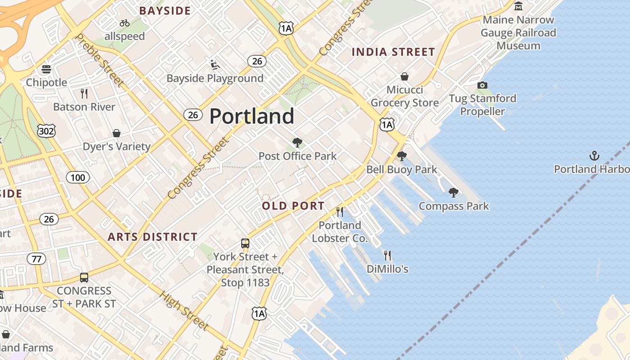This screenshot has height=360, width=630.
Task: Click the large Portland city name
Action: [x=252, y=116]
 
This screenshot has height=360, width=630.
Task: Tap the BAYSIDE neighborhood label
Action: [x=165, y=11]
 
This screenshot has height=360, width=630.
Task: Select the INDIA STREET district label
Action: [x=393, y=52]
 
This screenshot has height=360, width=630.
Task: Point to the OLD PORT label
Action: [x=293, y=206]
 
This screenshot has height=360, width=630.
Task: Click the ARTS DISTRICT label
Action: [x=153, y=237]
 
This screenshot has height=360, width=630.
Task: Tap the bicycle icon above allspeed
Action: [x=125, y=23]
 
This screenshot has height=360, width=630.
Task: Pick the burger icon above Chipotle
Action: [x=46, y=69]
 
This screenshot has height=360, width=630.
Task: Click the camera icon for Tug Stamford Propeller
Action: [x=482, y=85]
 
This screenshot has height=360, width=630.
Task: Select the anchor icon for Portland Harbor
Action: [x=594, y=156]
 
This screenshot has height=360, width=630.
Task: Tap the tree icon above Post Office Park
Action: [x=297, y=143]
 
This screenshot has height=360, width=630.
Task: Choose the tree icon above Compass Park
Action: [x=454, y=193]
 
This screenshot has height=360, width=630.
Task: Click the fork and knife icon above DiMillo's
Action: [x=387, y=256]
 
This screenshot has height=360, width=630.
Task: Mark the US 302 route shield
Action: [x=46, y=131]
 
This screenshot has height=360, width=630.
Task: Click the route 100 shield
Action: [x=78, y=177]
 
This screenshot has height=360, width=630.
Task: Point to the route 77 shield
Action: [x=36, y=259]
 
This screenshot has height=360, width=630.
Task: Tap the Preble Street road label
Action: [x=100, y=59]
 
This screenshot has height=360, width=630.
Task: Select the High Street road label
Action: [x=184, y=311]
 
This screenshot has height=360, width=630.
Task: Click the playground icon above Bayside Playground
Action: [x=215, y=65]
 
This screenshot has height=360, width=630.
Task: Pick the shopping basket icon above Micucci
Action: [x=405, y=76]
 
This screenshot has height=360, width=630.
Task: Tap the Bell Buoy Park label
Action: [x=402, y=170]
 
